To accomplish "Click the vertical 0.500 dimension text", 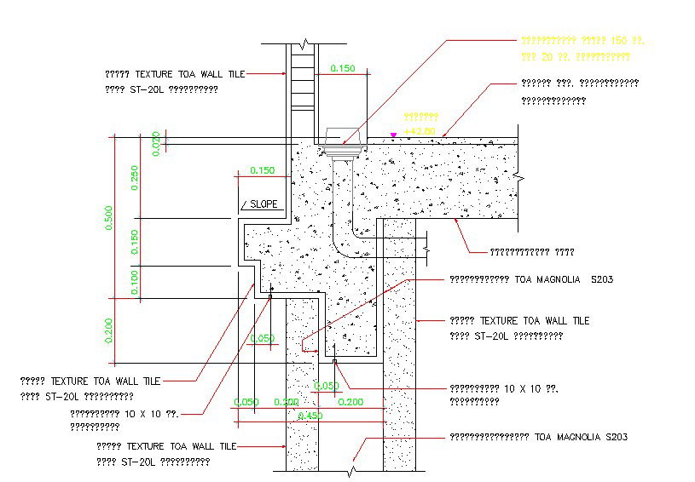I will [108, 218].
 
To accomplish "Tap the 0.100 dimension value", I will [135, 281].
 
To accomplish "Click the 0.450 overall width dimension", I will [310, 416].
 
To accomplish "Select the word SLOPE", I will [264, 204].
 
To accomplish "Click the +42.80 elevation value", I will [420, 130].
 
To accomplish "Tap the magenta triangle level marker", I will [393, 135].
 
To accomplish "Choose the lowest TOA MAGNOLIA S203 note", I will [539, 437].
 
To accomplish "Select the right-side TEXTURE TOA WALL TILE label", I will [519, 321].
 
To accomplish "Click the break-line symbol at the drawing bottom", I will [351, 468].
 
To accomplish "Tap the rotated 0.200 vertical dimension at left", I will [108, 330].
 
